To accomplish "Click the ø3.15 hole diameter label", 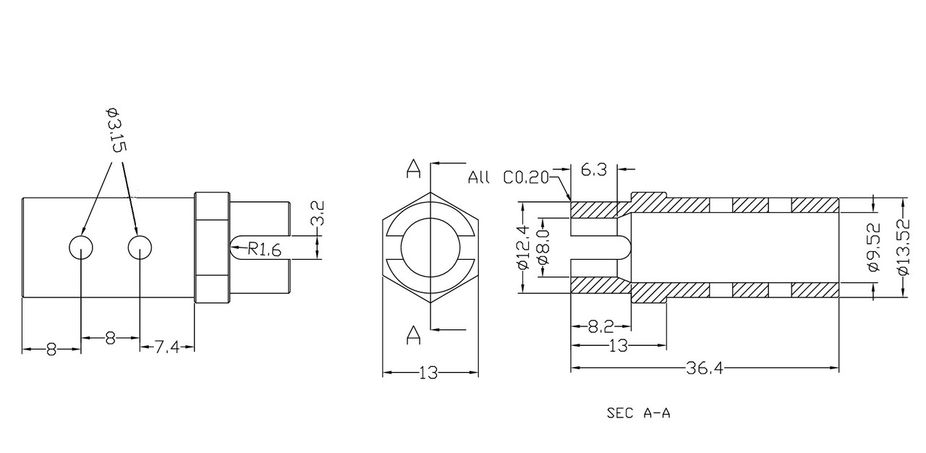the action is coord(116,130).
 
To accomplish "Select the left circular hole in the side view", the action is coord(80,247).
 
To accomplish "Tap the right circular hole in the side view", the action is coord(140,247).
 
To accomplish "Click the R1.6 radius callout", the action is coord(265,250).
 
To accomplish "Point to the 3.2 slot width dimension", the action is coord(317,213).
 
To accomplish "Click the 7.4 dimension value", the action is coord(167,347).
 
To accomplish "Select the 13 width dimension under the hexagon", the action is coord(429,373).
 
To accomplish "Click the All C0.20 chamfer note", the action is coord(508,177).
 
